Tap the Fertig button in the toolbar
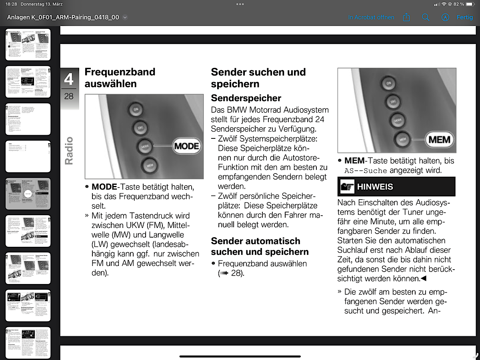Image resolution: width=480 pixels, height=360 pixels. pos(464,18)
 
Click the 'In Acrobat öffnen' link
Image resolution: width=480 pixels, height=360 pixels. pos(371,18)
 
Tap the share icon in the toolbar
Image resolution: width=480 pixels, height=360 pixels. pos(406,18)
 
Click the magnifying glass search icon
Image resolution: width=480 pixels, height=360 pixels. pos(426,18)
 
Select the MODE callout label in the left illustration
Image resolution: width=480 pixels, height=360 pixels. pos(186,146)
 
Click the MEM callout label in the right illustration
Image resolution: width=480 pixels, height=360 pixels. pos(439,140)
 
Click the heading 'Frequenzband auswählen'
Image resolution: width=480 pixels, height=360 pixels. pos(120,78)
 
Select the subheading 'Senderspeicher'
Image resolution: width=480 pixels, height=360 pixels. pos(246,98)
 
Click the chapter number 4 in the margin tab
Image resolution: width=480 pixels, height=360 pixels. pos(69,79)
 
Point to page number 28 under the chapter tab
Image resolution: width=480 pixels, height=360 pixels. pos(69,96)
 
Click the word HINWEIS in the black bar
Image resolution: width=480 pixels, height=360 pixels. pos(375,187)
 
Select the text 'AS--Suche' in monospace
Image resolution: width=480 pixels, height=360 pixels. pos(365,170)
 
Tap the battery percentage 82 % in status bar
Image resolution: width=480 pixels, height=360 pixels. pos(459,4)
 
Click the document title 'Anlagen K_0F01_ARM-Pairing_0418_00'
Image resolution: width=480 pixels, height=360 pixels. pos(63,18)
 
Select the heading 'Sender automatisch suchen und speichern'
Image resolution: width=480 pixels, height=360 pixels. pos(260,246)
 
